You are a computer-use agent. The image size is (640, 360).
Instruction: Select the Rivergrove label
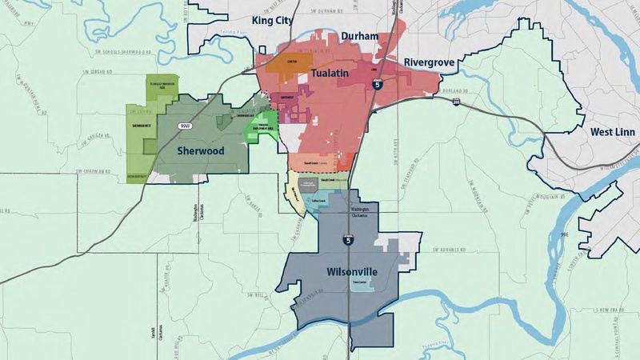click(x=430, y=62)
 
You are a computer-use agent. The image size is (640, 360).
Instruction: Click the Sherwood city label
click(x=198, y=150)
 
